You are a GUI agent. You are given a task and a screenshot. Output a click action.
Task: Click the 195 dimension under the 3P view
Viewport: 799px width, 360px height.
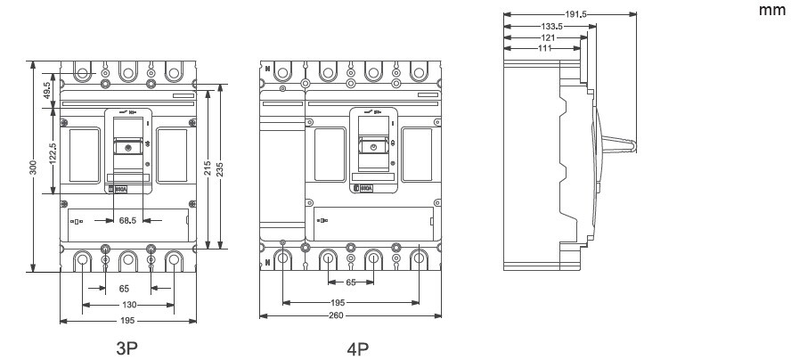pos(128,321)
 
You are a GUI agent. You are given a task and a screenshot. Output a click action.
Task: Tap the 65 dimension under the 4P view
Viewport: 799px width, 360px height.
pos(350,282)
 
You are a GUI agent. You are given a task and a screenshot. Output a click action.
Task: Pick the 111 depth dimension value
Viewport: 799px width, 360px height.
pos(543,48)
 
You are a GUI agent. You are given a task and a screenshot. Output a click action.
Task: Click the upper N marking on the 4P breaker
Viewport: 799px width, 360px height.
pos(265,68)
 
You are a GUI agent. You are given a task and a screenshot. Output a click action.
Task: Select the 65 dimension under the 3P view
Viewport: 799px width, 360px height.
pos(124,289)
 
